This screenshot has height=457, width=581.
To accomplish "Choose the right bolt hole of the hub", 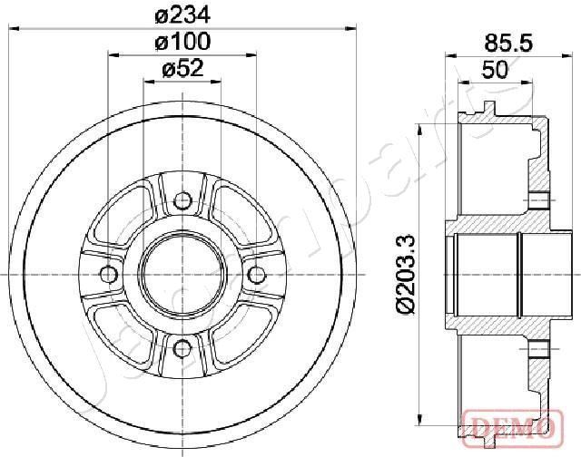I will [256, 274].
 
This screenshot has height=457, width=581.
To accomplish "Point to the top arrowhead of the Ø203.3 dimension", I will [418, 124].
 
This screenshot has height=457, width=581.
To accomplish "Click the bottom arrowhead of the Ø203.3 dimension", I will [418, 423].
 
